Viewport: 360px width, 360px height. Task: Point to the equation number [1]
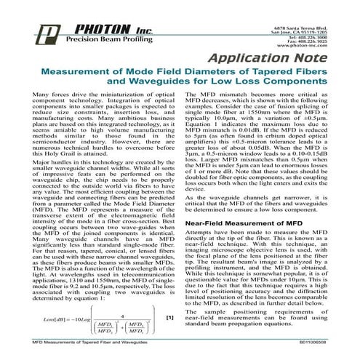tap(170, 318)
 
